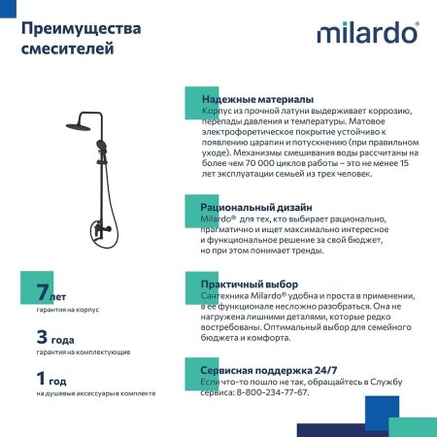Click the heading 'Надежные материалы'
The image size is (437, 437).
pyautogui.click(x=256, y=100)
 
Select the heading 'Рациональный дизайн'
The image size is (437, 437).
pyautogui.click(x=256, y=208)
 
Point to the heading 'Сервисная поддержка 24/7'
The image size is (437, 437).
pyautogui.click(x=269, y=371)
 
